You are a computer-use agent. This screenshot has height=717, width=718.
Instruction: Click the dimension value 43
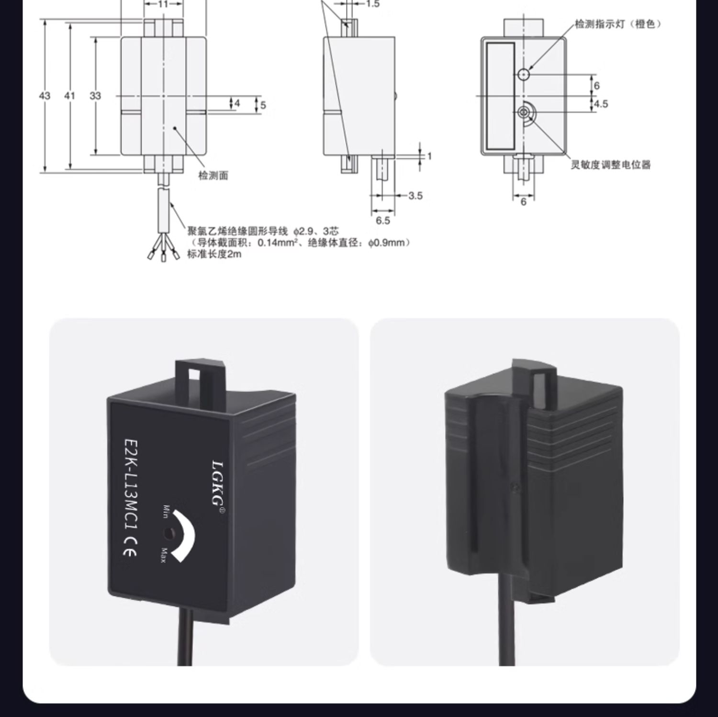click(45, 96)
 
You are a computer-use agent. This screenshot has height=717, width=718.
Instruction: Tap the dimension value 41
click(70, 96)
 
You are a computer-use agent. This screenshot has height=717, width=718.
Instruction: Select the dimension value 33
click(95, 96)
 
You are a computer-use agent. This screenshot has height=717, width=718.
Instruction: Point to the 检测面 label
click(213, 176)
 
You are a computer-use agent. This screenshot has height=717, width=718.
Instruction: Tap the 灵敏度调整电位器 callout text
click(611, 165)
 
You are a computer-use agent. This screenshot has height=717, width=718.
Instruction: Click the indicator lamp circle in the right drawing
click(524, 74)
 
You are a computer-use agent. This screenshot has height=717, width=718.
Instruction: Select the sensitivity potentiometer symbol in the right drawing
click(525, 113)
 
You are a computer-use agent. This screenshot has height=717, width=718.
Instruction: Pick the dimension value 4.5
click(601, 104)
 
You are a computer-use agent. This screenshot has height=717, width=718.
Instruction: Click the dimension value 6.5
click(383, 220)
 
